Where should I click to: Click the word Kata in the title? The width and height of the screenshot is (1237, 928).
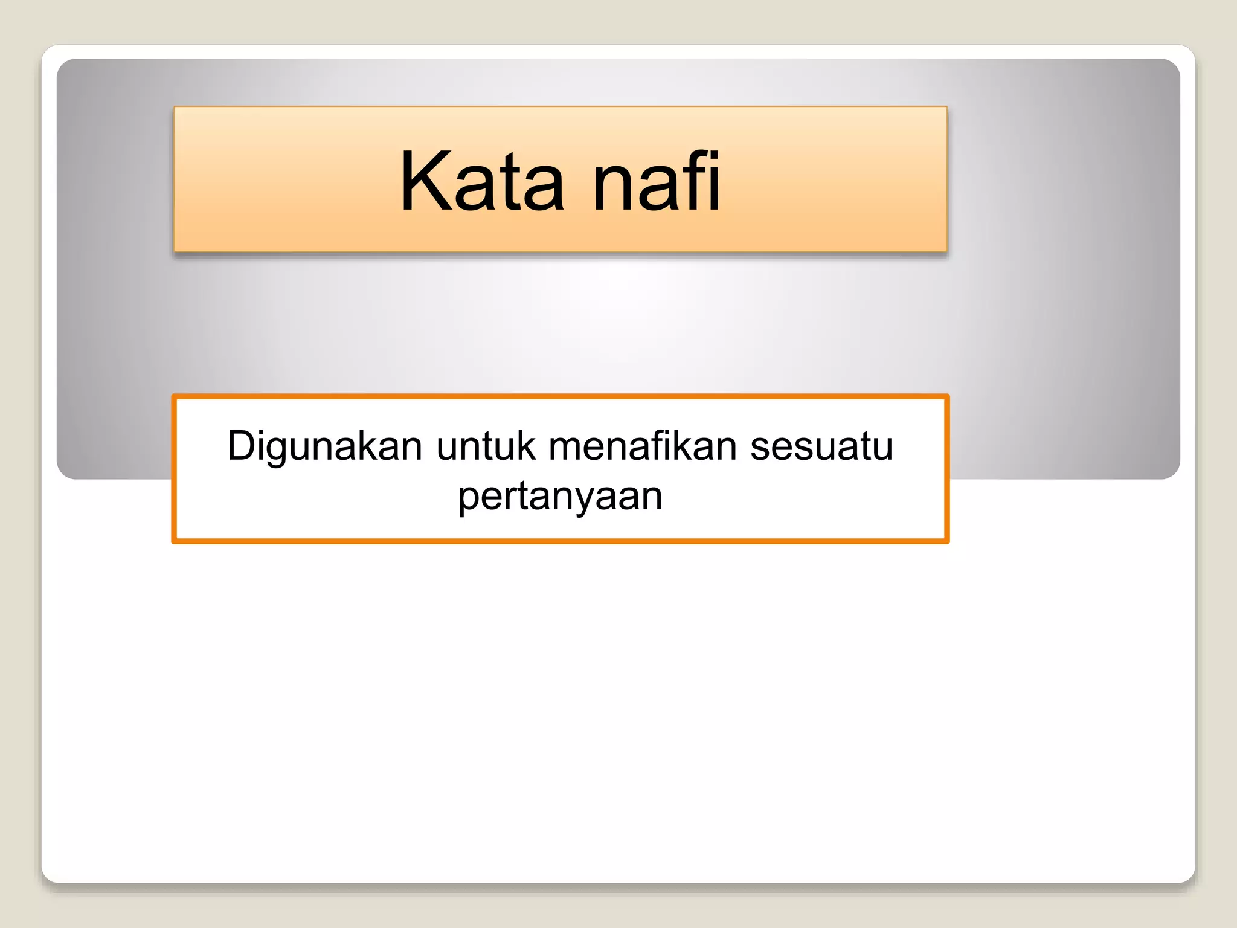(x=482, y=181)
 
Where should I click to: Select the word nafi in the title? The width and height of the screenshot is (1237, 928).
(x=657, y=181)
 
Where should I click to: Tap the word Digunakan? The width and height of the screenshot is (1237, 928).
(x=324, y=447)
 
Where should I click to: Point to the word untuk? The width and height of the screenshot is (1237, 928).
(x=486, y=447)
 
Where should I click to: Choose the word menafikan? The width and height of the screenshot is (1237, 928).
(x=643, y=447)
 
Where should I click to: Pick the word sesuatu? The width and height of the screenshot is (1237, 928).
(x=821, y=447)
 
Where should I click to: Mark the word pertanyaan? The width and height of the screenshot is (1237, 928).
(x=561, y=497)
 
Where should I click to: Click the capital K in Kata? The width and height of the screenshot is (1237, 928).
(x=423, y=181)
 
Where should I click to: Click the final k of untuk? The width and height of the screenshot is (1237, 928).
(x=527, y=446)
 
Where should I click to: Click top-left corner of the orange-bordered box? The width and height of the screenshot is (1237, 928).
(x=174, y=396)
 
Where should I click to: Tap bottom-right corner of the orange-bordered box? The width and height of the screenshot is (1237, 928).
(x=947, y=541)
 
